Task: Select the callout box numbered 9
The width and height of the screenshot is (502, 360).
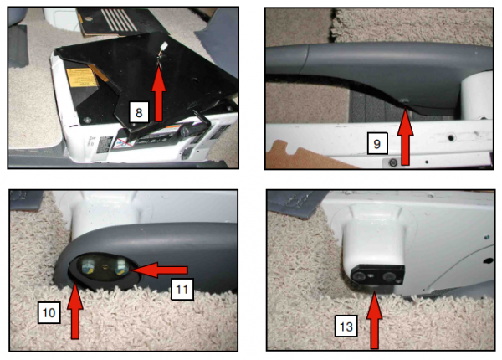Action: [x=378, y=145]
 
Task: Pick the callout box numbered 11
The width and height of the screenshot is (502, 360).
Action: [x=183, y=290]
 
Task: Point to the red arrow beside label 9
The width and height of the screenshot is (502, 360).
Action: [x=407, y=134]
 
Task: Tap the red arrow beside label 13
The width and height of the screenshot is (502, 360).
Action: [x=375, y=317]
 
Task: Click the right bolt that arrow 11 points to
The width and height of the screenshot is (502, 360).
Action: [x=120, y=267]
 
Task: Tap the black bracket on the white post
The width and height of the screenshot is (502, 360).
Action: [x=376, y=275]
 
